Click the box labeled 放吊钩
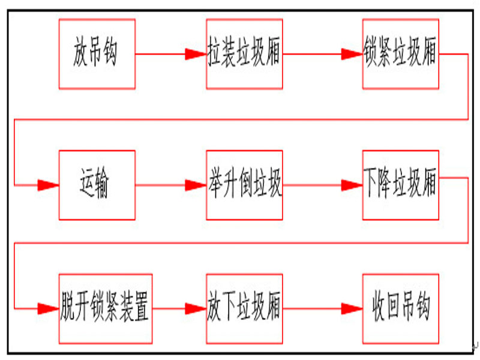point(97,54)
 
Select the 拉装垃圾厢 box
point(244,54)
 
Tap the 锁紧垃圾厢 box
point(400,54)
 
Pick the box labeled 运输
point(97,185)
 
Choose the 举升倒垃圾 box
point(244,185)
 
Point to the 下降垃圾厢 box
point(400,185)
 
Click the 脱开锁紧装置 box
point(105,309)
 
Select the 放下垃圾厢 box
point(244,309)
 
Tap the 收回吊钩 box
point(400,309)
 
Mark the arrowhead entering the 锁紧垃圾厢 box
point(352,55)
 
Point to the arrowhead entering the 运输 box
point(48,185)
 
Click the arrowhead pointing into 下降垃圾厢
point(352,185)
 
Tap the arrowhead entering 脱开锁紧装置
point(48,309)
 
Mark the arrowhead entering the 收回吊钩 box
point(352,309)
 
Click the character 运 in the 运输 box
point(88,185)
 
